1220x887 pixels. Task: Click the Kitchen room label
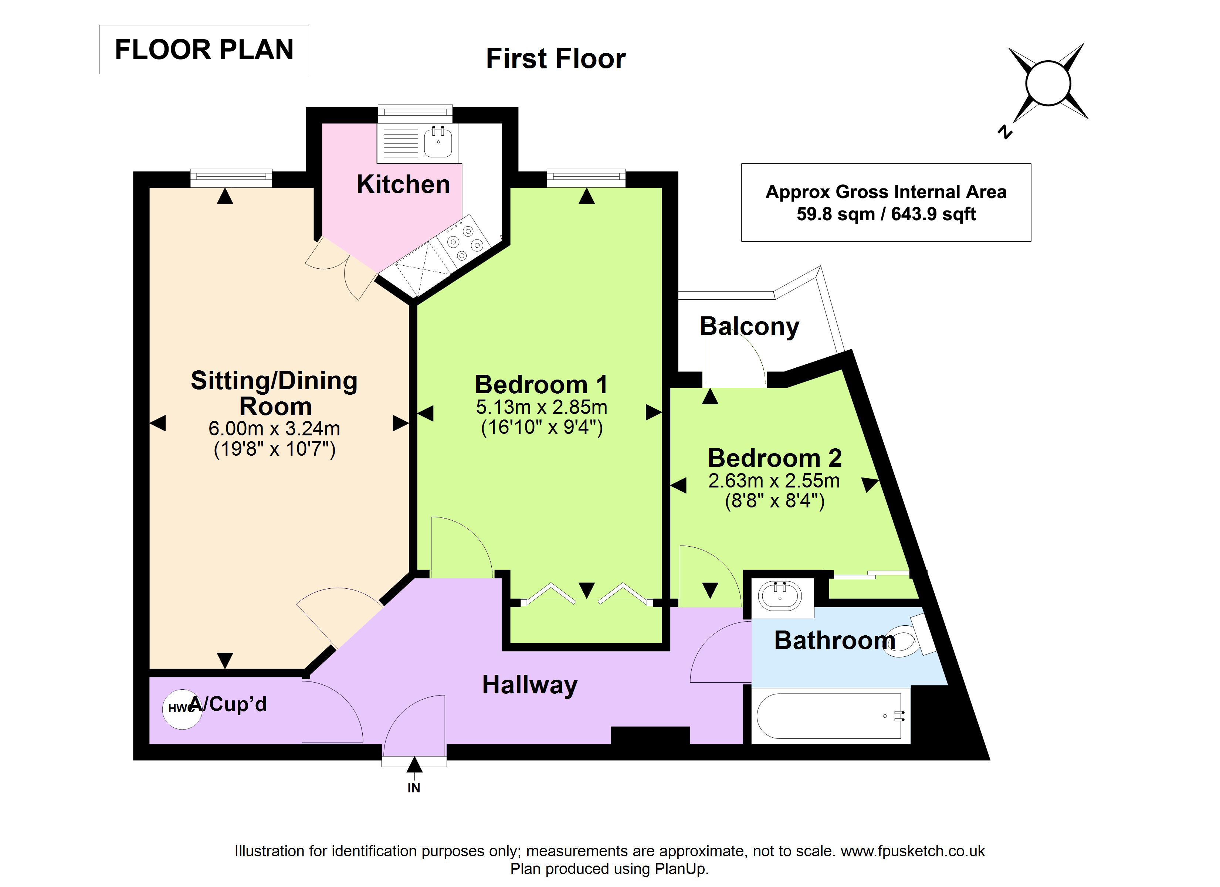(x=403, y=184)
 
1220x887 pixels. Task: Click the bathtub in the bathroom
(x=830, y=716)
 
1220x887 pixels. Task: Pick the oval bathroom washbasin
(x=780, y=596)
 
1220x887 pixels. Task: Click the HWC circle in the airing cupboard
(x=182, y=709)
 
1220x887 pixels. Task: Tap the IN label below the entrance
(x=414, y=788)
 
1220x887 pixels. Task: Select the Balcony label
(x=749, y=326)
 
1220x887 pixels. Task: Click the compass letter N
(x=1005, y=132)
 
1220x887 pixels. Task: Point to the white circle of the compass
(x=1048, y=84)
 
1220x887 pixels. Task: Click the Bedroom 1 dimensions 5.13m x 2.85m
(x=542, y=407)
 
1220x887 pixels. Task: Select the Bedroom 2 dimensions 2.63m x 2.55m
(x=774, y=480)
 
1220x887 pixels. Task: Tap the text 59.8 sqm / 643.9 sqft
(x=886, y=214)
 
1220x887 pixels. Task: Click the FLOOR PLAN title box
(x=204, y=50)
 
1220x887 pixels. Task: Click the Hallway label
(x=530, y=685)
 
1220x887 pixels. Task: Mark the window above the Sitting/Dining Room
(x=231, y=178)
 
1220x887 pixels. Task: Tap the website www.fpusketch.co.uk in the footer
(x=913, y=851)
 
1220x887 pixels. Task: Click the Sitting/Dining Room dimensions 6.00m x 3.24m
(x=274, y=429)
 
